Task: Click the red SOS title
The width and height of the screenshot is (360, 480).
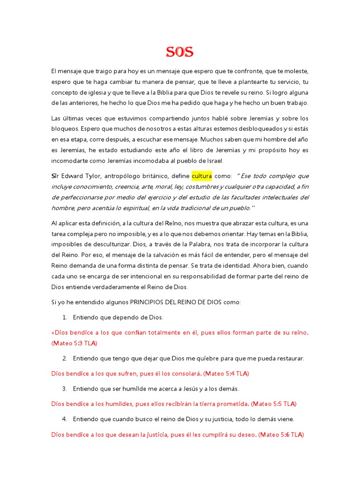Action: (x=180, y=52)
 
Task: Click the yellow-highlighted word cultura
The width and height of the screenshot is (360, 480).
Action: (x=202, y=176)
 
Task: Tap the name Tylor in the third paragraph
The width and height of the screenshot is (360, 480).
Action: (x=99, y=176)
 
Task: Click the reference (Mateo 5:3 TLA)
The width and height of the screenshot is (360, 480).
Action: (x=74, y=343)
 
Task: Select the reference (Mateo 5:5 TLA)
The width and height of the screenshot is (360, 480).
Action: (x=274, y=404)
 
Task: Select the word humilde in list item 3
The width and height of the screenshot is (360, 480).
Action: (x=145, y=389)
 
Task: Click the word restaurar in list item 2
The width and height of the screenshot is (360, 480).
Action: (x=289, y=358)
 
